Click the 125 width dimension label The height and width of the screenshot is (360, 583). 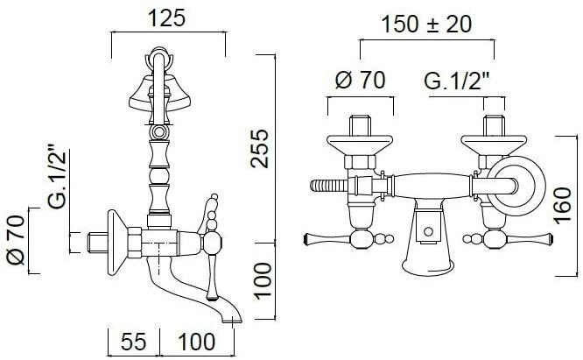[166, 18]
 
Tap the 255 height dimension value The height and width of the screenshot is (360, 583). [259, 149]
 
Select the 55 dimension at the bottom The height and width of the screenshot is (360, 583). [133, 342]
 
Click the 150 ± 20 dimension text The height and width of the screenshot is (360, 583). [426, 25]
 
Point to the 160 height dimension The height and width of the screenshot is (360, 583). [562, 206]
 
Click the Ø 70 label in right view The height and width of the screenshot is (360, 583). [361, 80]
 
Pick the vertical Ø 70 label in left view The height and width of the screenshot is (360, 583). [16, 240]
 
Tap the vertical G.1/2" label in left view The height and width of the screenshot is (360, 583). [58, 176]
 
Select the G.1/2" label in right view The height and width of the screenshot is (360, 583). [457, 81]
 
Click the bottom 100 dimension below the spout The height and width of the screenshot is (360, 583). [197, 342]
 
